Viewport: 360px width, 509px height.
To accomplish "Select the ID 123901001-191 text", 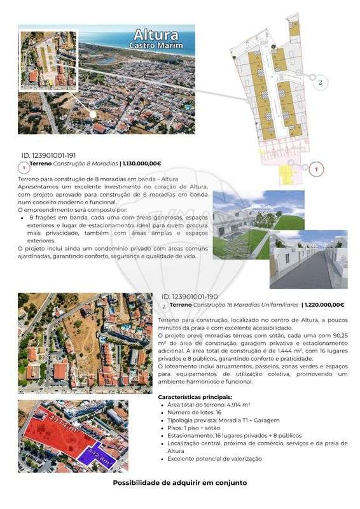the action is tap(49, 155).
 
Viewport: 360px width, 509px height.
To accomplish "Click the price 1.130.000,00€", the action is tap(142, 164).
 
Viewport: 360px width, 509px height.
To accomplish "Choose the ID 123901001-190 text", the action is tap(190, 297).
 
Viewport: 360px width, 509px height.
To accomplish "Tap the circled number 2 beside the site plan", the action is tap(321, 83).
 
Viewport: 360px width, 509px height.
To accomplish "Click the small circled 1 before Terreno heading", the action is tap(24, 168).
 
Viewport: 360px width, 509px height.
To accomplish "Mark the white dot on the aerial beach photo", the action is tap(93, 115).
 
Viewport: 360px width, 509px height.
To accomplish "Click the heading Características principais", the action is tap(194, 396).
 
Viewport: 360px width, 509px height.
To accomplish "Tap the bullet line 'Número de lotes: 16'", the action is tap(191, 412).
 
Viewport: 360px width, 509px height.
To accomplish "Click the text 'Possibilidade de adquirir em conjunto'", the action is tap(179, 483).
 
